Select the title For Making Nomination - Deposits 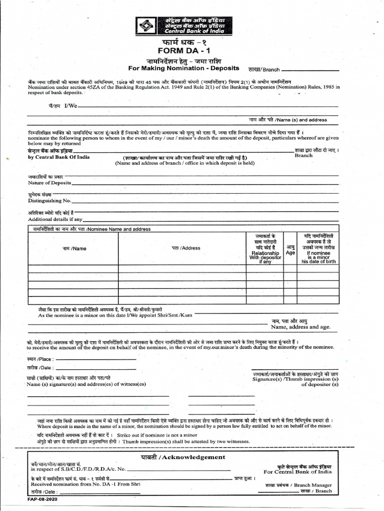pyautogui.click(x=183, y=68)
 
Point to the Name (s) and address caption pyautogui.click(x=288, y=120)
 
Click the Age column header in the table pyautogui.click(x=290, y=250)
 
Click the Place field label pyautogui.click(x=40, y=359)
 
